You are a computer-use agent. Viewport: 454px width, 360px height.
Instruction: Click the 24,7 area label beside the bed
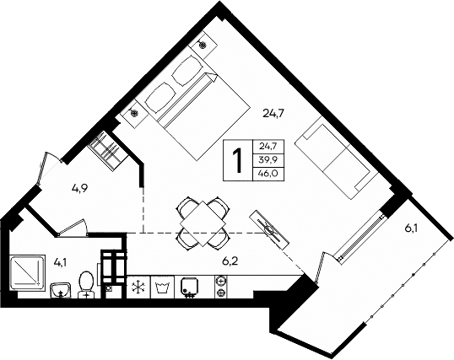coord(273,110)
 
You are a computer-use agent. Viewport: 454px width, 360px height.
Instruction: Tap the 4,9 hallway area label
coord(80,188)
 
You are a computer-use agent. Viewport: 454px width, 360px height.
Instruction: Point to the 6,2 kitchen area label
coord(230,262)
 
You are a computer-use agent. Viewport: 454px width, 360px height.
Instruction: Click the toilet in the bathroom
coord(85,283)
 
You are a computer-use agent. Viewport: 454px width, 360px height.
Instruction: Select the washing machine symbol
coord(163,287)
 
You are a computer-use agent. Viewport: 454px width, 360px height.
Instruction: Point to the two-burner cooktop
coord(222,287)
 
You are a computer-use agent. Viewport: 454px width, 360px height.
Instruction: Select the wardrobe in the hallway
coord(107,149)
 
